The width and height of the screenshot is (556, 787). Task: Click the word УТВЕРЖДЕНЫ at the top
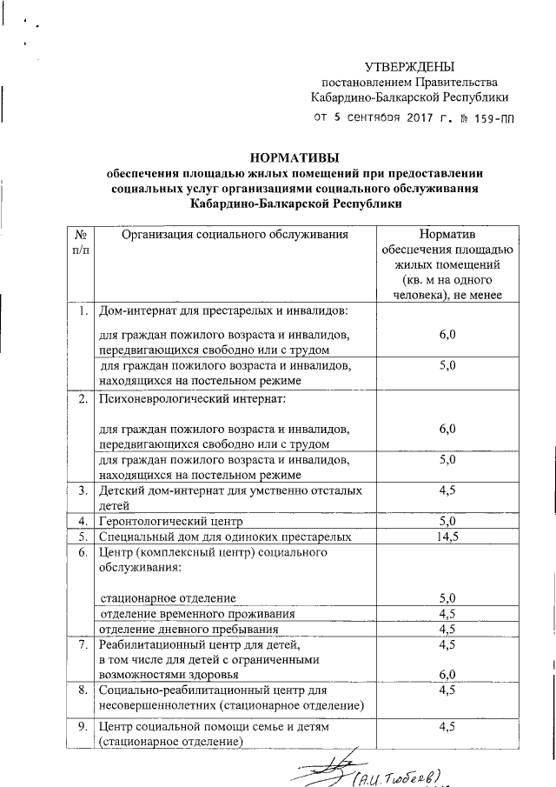click(407, 67)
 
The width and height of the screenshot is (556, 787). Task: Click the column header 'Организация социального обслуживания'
click(235, 235)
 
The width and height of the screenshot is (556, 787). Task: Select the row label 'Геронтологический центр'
click(170, 522)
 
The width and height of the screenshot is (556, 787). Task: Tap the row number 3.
click(80, 491)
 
